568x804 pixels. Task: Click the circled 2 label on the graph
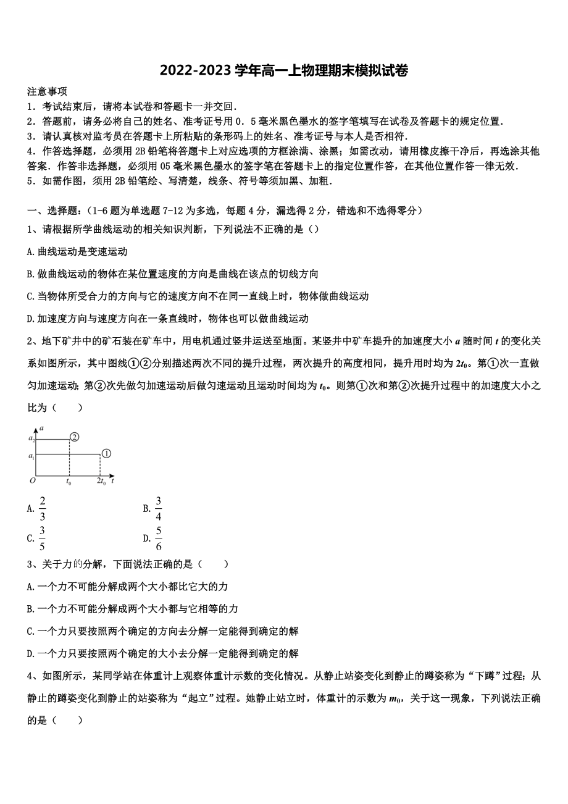tap(74, 437)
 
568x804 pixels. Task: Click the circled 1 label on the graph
tap(106, 454)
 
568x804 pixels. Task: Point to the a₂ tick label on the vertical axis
tap(32, 438)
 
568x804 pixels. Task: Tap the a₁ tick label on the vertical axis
tap(32, 456)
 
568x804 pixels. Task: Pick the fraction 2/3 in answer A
tap(43, 509)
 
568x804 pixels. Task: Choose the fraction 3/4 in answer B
tap(159, 509)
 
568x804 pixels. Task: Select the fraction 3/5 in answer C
tap(43, 538)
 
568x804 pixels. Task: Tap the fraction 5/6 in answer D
tap(159, 538)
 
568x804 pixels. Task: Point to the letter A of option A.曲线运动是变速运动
tap(30, 251)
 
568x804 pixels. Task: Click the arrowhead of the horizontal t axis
tap(112, 477)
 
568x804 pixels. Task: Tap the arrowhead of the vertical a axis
tap(36, 427)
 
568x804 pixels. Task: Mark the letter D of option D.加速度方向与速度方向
tap(30, 319)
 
